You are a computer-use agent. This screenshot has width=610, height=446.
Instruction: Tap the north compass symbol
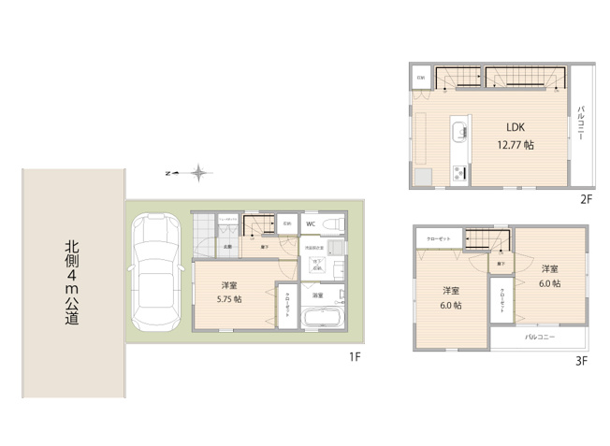pos(197,172)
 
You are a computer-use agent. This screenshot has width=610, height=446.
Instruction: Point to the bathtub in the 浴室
pos(325,318)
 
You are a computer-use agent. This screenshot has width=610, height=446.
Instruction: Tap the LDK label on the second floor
pos(516,128)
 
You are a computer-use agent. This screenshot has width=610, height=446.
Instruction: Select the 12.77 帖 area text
pos(516,145)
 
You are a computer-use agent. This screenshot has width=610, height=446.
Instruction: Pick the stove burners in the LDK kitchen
pos(458,172)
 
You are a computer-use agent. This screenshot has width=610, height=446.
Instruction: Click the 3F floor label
pos(580,360)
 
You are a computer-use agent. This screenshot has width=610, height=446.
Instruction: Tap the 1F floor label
pos(355,355)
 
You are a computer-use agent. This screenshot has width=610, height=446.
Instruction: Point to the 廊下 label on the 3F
pos(501,264)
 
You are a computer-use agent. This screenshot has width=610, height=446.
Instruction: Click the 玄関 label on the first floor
pos(226,247)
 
